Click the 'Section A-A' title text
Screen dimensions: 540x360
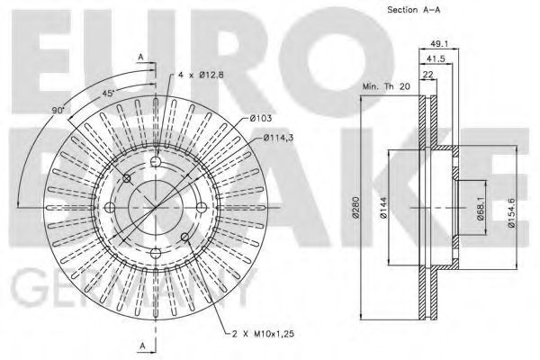coord(414,10)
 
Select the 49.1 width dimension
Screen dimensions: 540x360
coord(439,44)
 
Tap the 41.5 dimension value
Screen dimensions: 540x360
coord(436,59)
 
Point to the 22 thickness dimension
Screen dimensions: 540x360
coord(428,75)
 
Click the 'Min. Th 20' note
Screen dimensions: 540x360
coord(386,86)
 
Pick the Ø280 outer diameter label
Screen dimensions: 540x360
coord(355,207)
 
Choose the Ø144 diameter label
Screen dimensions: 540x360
coord(384,207)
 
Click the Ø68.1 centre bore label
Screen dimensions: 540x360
coord(481,209)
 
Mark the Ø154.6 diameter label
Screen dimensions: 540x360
coord(511,212)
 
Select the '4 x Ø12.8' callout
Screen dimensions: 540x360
coord(201,75)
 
